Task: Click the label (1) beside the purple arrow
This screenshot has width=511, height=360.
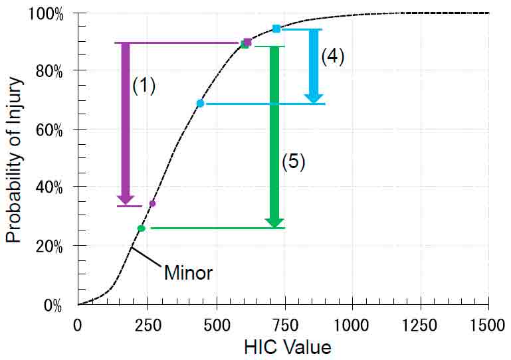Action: (x=144, y=86)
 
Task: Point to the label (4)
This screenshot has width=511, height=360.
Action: (x=332, y=57)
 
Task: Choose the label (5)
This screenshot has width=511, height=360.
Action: (x=293, y=162)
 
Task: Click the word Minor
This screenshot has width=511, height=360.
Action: (x=188, y=272)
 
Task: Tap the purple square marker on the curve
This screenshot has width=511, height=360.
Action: (x=247, y=42)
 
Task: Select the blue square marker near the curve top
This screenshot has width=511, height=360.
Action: (x=276, y=29)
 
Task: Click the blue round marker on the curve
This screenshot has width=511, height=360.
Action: (x=200, y=103)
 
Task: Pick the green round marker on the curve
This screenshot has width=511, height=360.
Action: (x=141, y=228)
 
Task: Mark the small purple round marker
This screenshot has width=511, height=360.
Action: (x=152, y=203)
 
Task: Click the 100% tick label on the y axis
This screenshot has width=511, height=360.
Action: (x=47, y=13)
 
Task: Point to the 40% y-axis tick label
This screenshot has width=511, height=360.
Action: (x=50, y=188)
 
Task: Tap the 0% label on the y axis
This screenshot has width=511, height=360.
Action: (x=53, y=306)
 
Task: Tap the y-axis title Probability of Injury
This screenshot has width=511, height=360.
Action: (x=15, y=159)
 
